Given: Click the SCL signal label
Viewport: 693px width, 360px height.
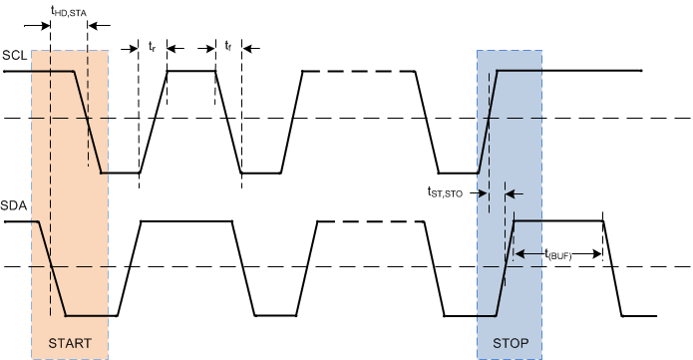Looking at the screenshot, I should (x=15, y=54).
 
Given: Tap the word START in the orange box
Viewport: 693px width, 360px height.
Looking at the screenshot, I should (x=70, y=343).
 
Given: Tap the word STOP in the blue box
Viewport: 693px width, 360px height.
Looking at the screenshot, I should (x=510, y=343).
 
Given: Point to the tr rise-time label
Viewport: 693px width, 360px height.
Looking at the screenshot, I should (x=153, y=47).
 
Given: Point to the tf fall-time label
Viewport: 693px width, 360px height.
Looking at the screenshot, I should (x=228, y=47).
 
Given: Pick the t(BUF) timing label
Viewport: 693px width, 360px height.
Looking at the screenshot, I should (x=559, y=255).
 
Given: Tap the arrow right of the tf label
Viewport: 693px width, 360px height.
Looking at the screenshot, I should (x=249, y=47).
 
